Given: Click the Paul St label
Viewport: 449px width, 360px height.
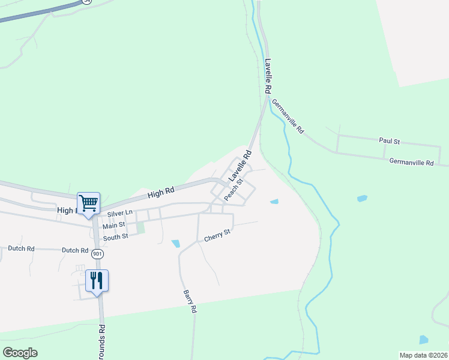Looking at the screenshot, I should (389, 141).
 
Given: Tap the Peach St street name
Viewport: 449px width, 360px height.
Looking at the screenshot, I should (234, 190).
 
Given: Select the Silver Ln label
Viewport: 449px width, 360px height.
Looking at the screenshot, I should (119, 214).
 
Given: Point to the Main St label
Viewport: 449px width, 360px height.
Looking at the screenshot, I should (113, 226).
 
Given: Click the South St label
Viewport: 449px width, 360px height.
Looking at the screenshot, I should (115, 237).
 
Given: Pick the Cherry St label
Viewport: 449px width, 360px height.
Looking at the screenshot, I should (217, 235).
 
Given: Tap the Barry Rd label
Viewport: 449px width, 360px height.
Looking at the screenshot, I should (190, 302).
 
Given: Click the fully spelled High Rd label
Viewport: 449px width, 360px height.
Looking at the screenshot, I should (160, 193).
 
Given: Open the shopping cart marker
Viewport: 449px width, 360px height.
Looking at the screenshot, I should (88, 203).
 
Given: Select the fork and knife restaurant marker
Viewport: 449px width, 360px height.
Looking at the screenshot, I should (97, 280).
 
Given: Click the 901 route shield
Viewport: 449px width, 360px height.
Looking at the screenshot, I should (97, 254).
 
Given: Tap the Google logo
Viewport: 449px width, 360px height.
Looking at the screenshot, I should (20, 353).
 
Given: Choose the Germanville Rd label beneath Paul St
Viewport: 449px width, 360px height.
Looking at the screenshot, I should (411, 162).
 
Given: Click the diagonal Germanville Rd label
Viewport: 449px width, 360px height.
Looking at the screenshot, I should (288, 116).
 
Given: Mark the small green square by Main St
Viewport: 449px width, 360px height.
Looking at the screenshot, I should (140, 227).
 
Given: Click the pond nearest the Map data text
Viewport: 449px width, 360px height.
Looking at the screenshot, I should (424, 340).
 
